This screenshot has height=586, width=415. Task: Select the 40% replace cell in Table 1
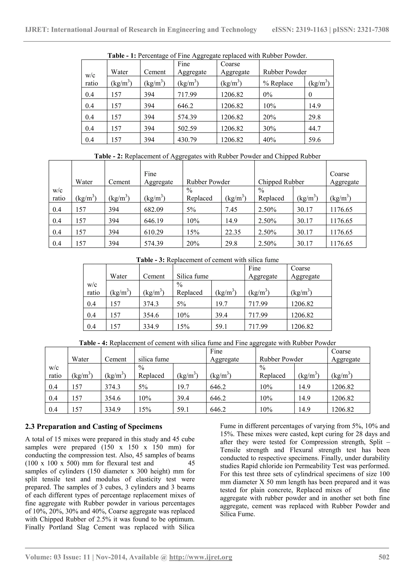[269, 140]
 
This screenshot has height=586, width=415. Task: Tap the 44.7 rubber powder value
[314, 129]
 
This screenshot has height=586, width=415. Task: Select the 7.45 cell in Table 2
[231, 210]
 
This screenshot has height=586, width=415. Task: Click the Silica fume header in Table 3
[193, 277]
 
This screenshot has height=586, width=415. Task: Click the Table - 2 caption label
[108, 156]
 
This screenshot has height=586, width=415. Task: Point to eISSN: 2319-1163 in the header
[299, 30]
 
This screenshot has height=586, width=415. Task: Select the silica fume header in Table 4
[154, 359]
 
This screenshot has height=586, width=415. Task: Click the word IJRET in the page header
[37, 30]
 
